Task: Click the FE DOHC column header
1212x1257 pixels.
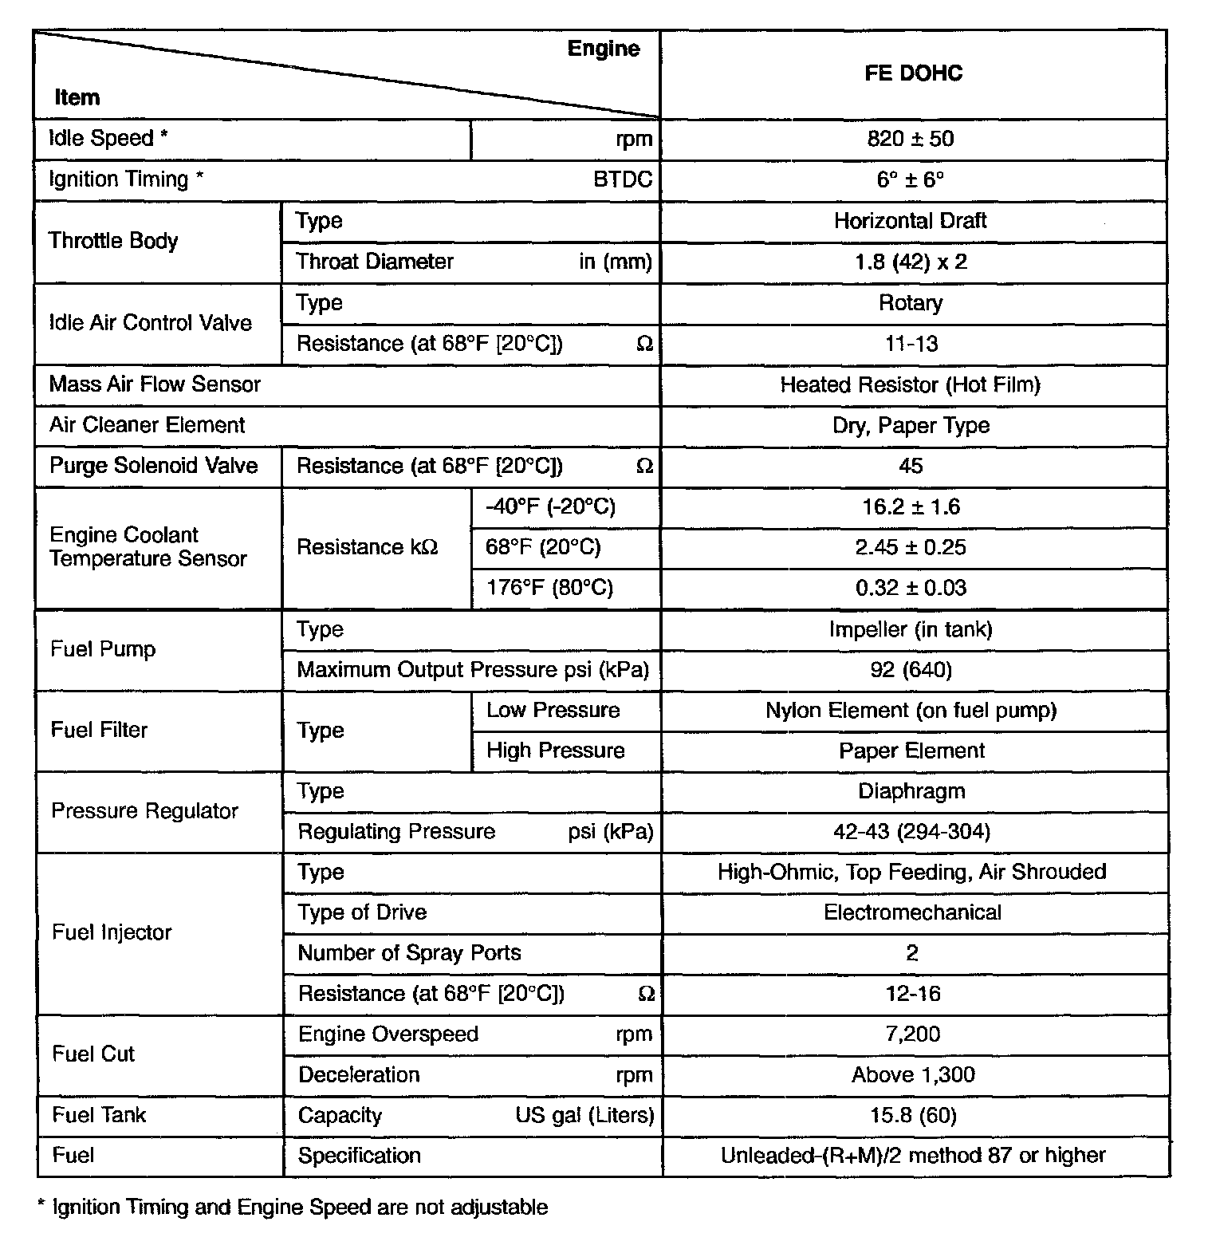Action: pos(913,73)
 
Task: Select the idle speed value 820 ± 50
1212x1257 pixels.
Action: pos(910,139)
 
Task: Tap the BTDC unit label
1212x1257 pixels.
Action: pos(622,179)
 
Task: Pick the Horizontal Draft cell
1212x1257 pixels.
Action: pos(910,221)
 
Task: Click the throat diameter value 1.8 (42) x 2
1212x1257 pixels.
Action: pos(910,262)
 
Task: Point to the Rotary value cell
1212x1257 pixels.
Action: pos(910,303)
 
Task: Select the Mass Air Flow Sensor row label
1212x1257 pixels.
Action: pos(155,384)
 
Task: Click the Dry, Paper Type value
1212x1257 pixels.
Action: pos(911,425)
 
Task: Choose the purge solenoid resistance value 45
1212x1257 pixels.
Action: pos(911,466)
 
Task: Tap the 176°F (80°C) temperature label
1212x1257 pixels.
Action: pos(549,588)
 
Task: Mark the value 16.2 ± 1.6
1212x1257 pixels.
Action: pos(911,506)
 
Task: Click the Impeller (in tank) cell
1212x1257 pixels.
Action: pos(911,629)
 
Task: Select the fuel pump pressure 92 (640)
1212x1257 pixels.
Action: pos(911,670)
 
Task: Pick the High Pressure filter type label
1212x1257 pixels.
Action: pos(555,751)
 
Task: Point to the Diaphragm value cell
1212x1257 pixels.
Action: pos(911,791)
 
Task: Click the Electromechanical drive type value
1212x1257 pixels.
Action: pos(912,912)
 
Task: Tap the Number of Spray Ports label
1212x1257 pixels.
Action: pos(409,953)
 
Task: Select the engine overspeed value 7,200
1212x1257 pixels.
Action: pos(912,1034)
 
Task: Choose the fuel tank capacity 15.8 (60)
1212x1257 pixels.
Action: pos(913,1115)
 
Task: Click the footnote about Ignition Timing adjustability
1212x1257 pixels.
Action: pos(293,1207)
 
